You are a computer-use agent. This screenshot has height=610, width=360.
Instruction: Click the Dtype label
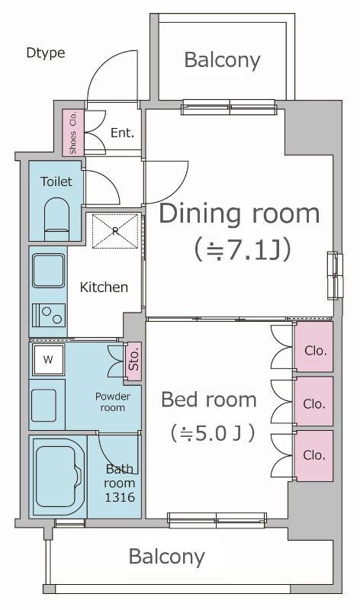[x=46, y=53]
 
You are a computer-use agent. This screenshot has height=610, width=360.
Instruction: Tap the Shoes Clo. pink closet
[x=73, y=133]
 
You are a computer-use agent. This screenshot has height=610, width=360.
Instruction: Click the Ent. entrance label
[x=122, y=133]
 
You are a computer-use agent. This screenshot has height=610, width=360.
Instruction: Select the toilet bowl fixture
[x=56, y=220]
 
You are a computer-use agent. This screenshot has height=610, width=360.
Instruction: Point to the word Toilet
[x=56, y=181]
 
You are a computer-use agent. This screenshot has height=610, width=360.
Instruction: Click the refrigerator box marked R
[x=115, y=231]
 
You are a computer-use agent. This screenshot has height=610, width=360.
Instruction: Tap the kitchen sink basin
[x=49, y=271]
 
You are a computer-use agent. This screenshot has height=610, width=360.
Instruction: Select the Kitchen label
[x=104, y=287]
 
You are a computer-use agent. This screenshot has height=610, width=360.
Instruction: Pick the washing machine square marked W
[x=48, y=359]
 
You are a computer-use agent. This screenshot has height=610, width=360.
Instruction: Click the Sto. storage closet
[x=133, y=361]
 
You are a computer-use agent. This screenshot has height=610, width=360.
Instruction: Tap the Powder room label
[x=113, y=402]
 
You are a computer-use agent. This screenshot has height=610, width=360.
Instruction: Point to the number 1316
[x=120, y=497]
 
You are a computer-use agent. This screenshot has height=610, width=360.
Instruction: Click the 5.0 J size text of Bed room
[x=213, y=433]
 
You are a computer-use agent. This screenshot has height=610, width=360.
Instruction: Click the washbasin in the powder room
[x=43, y=405]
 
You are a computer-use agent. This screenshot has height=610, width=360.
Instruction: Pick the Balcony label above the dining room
[x=222, y=60]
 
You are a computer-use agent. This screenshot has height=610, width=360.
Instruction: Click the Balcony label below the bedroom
[x=166, y=557]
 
